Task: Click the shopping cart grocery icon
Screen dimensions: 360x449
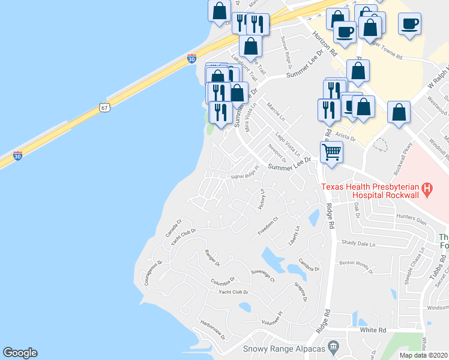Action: click(x=331, y=152)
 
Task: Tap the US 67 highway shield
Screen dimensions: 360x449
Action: click(x=104, y=107)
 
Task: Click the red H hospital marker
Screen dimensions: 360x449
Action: click(x=427, y=191)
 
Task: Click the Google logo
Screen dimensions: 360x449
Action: click(x=20, y=353)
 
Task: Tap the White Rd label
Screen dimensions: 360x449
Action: click(x=373, y=330)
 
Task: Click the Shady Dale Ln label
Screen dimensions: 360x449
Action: click(x=358, y=244)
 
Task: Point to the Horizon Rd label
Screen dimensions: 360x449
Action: click(x=324, y=43)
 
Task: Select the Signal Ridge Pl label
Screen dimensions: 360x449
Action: click(x=244, y=172)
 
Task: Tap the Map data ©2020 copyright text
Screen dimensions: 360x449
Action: click(x=423, y=355)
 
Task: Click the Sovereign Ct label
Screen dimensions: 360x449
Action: click(x=262, y=277)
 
